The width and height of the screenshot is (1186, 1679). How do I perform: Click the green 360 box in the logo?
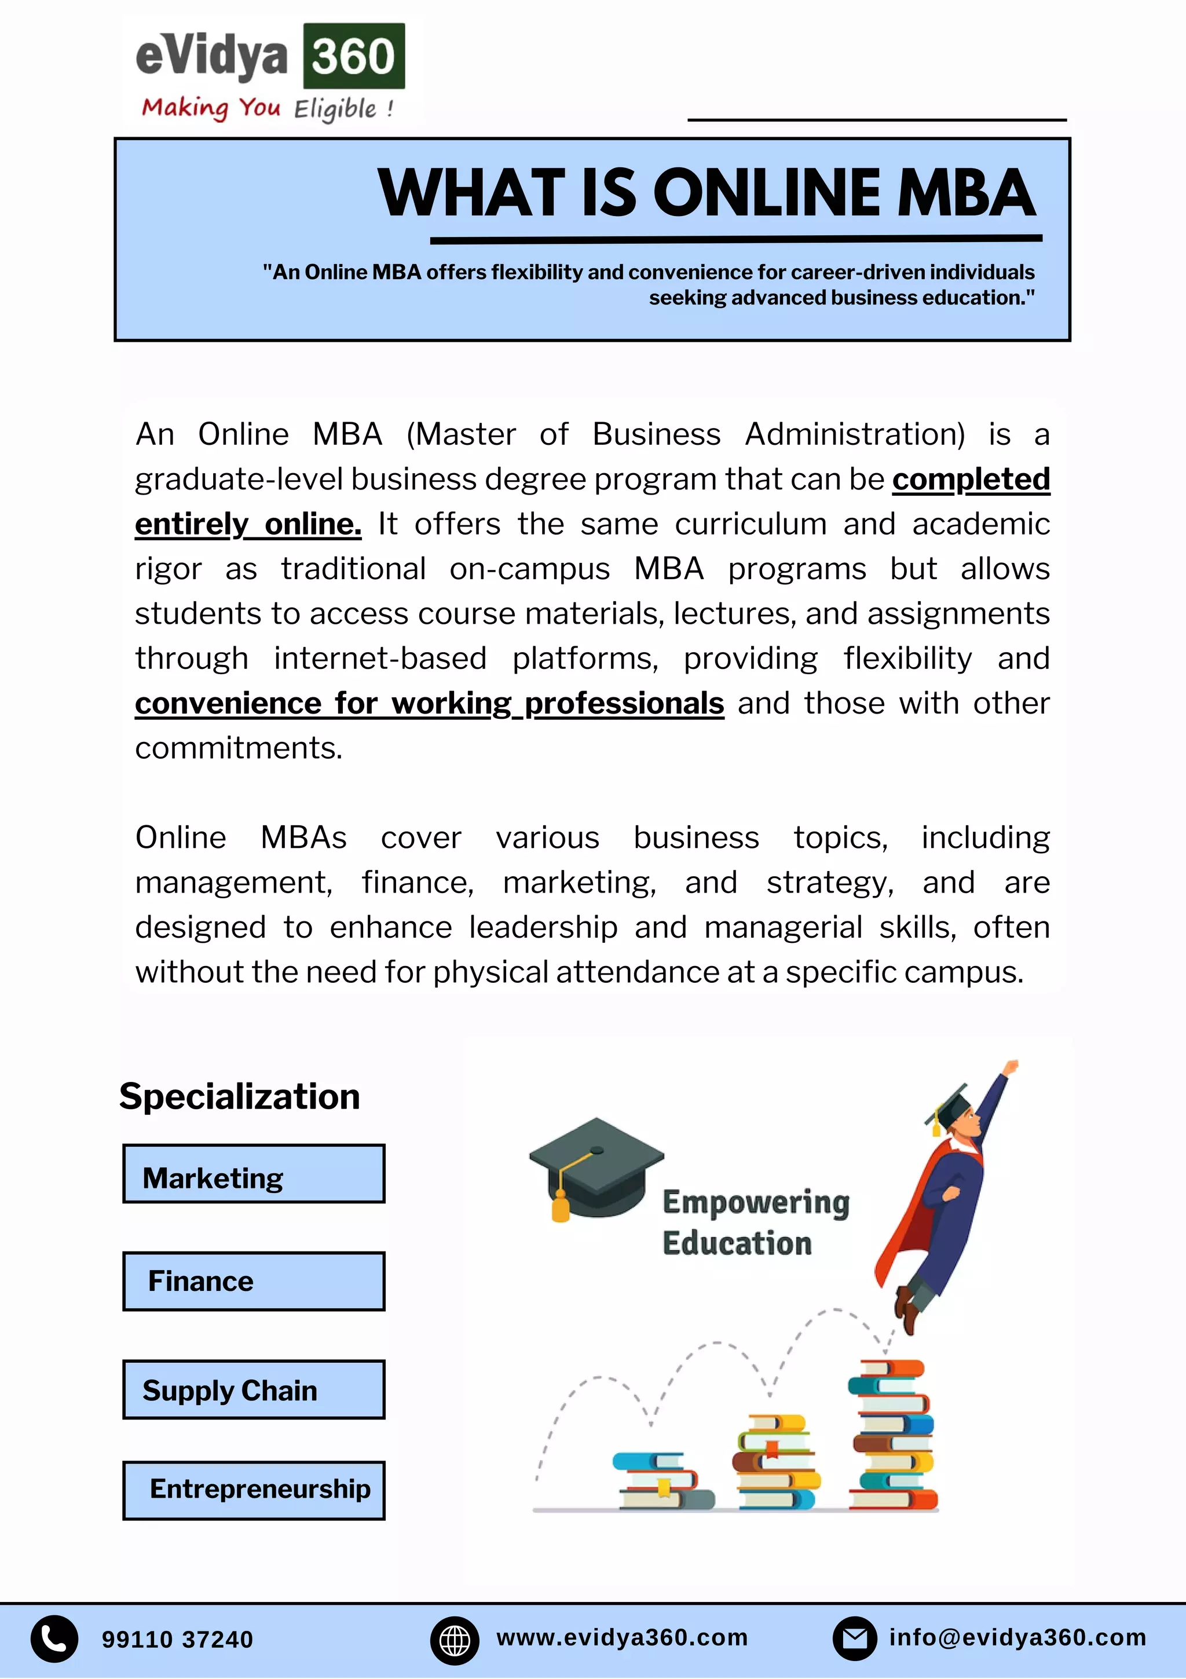click(x=353, y=56)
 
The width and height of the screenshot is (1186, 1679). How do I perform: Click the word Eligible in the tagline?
click(x=336, y=109)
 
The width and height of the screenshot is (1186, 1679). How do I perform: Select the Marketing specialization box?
click(x=253, y=1174)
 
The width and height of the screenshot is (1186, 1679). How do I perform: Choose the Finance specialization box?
click(x=253, y=1281)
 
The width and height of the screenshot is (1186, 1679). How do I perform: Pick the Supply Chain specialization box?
click(x=253, y=1389)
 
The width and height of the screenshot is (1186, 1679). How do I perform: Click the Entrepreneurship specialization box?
click(x=253, y=1490)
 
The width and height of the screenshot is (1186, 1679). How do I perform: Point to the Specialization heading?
click(x=239, y=1096)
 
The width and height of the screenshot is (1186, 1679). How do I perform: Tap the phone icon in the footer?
click(x=54, y=1639)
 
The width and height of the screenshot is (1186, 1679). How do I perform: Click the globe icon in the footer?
click(x=454, y=1640)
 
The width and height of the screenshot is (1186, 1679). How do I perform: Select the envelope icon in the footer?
click(x=854, y=1639)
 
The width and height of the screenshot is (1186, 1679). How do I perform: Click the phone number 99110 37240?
click(x=177, y=1640)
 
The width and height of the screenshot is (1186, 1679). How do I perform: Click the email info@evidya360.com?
click(x=1017, y=1637)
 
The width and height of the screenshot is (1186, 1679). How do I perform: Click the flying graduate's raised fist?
click(x=1011, y=1067)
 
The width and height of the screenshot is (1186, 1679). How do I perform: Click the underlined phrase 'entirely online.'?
click(x=248, y=524)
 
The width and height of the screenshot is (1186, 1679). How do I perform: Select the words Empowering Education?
click(x=755, y=1222)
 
